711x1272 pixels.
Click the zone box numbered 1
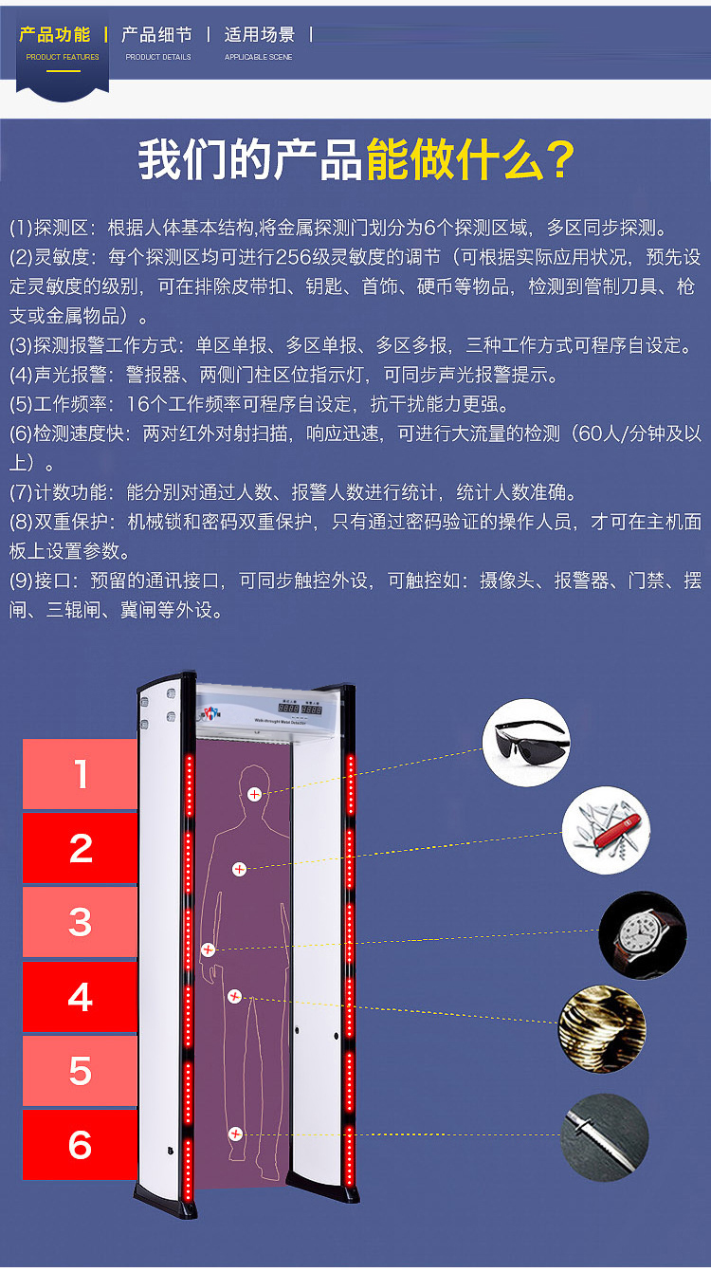click(80, 773)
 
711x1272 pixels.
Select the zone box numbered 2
click(80, 848)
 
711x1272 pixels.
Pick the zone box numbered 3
click(80, 922)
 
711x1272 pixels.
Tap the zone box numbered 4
click(80, 997)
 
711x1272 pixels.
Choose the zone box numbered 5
click(80, 1070)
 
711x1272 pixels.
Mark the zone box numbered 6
click(80, 1145)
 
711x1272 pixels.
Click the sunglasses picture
click(526, 743)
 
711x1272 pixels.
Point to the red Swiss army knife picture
click(606, 830)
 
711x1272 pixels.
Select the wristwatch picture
click(643, 934)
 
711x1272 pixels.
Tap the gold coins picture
click(602, 1029)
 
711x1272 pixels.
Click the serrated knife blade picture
click(605, 1137)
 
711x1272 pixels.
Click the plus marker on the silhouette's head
click(254, 795)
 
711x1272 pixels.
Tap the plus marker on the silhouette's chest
click(240, 869)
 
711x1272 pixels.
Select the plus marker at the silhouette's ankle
click(235, 1134)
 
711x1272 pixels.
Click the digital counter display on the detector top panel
click(300, 709)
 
